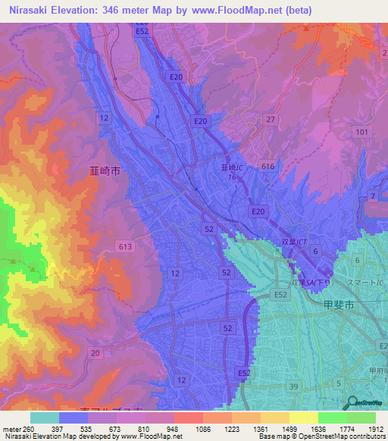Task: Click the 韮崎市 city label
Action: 105,172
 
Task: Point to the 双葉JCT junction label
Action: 291,242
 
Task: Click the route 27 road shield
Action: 269,120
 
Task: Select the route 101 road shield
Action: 361,133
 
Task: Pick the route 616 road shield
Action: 267,166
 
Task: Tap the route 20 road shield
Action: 95,353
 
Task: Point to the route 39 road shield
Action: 293,386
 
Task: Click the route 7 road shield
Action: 372,197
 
